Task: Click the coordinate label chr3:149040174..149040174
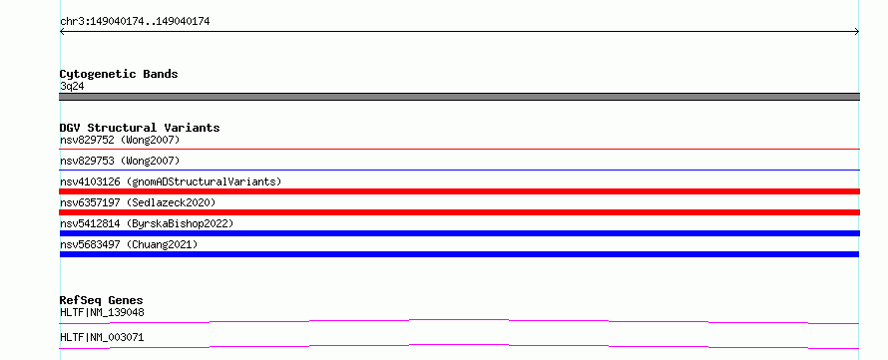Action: tap(135, 22)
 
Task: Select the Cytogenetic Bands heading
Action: tap(119, 74)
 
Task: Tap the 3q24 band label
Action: tap(72, 87)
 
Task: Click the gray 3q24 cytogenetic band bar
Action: tap(459, 97)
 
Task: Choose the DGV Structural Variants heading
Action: tap(140, 128)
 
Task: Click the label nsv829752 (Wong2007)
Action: tap(120, 140)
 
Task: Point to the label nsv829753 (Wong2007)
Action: tap(120, 162)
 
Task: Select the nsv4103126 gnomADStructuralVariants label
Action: tap(171, 182)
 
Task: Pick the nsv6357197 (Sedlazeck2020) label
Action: tap(138, 202)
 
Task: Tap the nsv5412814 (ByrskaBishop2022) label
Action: tap(147, 224)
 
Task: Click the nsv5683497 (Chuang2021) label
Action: tap(129, 245)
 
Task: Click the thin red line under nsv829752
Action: tap(459, 149)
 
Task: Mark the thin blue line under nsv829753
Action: tap(459, 170)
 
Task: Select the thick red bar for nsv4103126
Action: tap(459, 191)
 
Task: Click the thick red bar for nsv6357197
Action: tap(459, 212)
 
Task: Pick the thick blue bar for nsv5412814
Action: tap(459, 233)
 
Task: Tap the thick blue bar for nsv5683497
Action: tap(459, 254)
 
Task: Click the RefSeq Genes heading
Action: tap(102, 300)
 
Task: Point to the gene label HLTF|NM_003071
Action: tap(102, 337)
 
